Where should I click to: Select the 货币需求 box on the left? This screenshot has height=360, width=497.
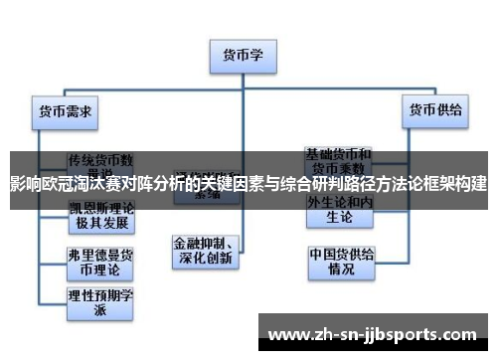tap(65, 111)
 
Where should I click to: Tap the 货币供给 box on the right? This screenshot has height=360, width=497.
tap(435, 111)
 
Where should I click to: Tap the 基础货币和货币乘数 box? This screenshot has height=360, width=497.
tap(339, 160)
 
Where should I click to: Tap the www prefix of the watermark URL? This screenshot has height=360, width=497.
tap(289, 332)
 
